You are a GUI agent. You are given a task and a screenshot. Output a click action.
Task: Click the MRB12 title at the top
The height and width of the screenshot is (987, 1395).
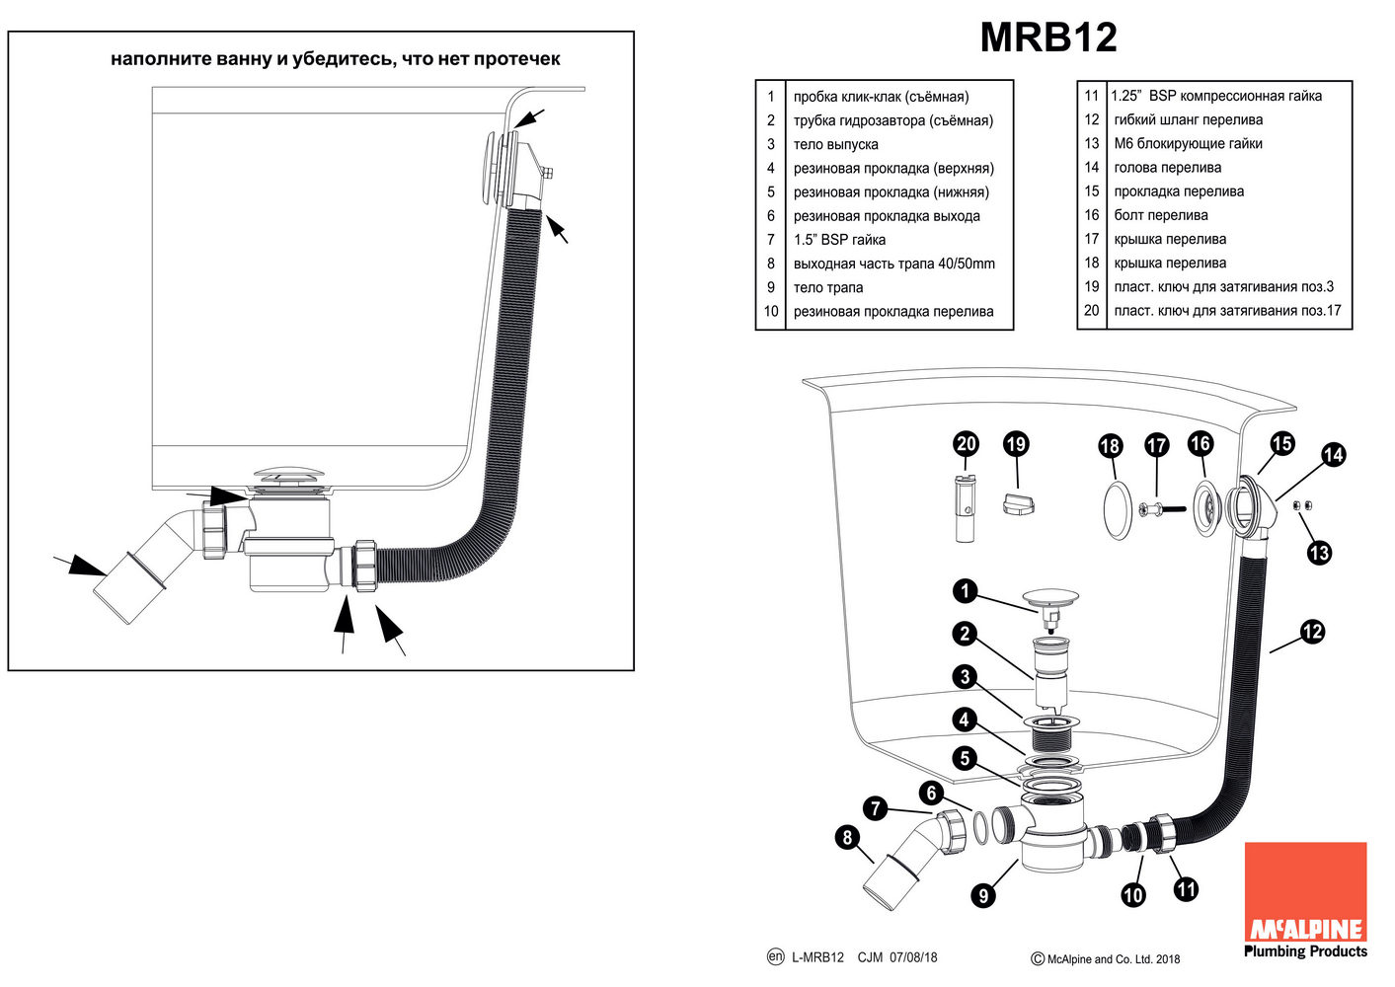tap(1047, 38)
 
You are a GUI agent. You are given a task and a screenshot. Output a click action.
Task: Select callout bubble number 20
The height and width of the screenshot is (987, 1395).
tap(966, 444)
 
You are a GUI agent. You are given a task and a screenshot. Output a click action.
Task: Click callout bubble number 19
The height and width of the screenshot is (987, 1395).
tap(1015, 444)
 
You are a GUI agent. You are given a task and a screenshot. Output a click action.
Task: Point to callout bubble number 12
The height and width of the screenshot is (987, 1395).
tap(1311, 632)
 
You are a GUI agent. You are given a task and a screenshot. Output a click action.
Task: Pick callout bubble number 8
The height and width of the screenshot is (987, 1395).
tap(847, 838)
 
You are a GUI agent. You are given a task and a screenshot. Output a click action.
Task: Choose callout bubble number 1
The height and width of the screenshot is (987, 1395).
tap(965, 591)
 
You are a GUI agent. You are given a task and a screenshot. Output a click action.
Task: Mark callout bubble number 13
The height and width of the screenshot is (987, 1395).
tap(1319, 553)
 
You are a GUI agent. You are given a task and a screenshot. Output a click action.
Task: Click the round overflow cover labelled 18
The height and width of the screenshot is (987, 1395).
tap(1116, 510)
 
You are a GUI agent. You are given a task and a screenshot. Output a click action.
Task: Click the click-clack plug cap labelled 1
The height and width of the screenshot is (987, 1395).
tap(1050, 597)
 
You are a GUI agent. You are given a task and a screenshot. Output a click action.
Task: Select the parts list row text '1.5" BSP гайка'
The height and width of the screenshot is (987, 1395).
tap(839, 240)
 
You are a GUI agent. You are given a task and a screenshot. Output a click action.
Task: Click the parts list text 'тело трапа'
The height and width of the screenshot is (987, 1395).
tap(827, 287)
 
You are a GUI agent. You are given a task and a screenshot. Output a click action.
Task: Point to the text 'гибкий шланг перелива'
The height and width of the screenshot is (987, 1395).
tap(1188, 119)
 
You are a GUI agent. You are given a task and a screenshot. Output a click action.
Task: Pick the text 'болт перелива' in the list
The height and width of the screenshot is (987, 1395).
tap(1160, 215)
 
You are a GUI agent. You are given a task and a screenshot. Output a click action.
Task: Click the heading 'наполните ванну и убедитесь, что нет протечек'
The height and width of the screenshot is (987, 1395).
tap(335, 59)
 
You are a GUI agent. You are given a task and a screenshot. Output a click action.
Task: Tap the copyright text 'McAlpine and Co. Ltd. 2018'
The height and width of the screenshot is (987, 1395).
tap(1113, 958)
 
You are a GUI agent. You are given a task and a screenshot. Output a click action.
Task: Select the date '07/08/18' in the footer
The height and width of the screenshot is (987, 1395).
tap(913, 957)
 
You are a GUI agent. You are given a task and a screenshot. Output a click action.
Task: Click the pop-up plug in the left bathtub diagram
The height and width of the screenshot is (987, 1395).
tap(287, 477)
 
